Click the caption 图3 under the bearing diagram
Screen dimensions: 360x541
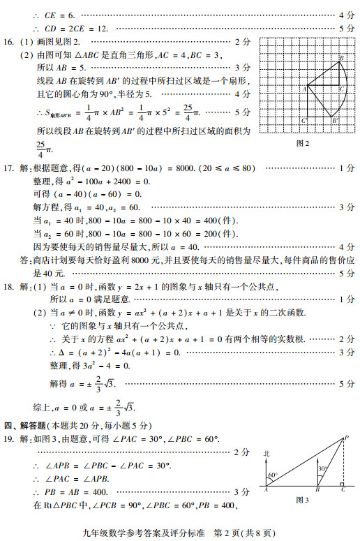click(302, 500)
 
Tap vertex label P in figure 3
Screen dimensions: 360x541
click(347, 438)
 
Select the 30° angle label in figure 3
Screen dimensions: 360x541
click(322, 469)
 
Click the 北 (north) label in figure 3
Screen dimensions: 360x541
click(266, 454)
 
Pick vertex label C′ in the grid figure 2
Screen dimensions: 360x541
click(343, 89)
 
